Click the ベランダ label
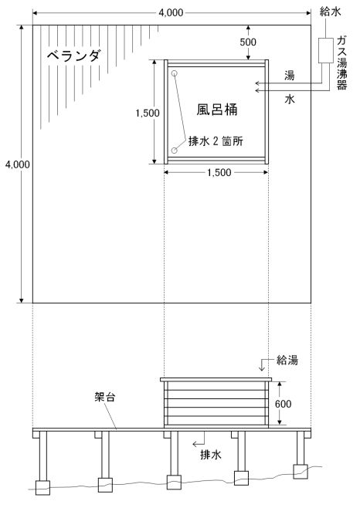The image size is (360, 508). [73, 56]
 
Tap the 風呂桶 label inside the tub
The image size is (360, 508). [217, 110]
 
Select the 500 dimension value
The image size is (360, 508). [248, 42]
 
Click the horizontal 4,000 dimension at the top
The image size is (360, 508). [171, 12]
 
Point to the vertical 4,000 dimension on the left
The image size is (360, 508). [18, 164]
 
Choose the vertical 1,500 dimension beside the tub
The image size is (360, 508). [148, 113]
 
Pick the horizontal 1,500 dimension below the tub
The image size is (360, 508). [219, 172]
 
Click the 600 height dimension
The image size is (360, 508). [284, 404]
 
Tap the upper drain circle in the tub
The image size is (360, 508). [175, 73]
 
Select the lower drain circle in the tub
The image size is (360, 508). [175, 151]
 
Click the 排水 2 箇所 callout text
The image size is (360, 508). [216, 141]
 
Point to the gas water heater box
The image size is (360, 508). [326, 50]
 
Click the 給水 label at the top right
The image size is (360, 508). [330, 12]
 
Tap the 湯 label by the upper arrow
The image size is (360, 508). [289, 76]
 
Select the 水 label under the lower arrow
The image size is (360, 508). [290, 100]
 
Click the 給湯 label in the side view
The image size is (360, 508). [287, 360]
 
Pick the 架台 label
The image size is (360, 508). [105, 397]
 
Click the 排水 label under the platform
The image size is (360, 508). [211, 455]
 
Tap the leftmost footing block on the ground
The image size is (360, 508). [42, 487]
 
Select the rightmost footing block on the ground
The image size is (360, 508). [300, 472]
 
